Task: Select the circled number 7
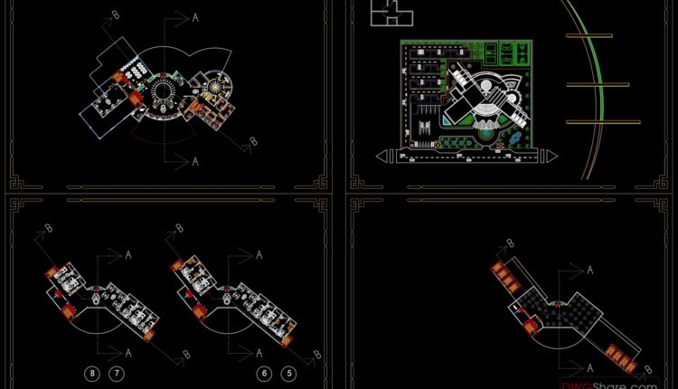(116, 373)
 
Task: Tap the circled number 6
(264, 373)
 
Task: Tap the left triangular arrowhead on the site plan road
(385, 157)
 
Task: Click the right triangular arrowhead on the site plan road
(549, 157)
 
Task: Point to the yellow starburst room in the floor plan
(215, 87)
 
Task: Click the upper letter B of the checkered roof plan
(511, 242)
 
